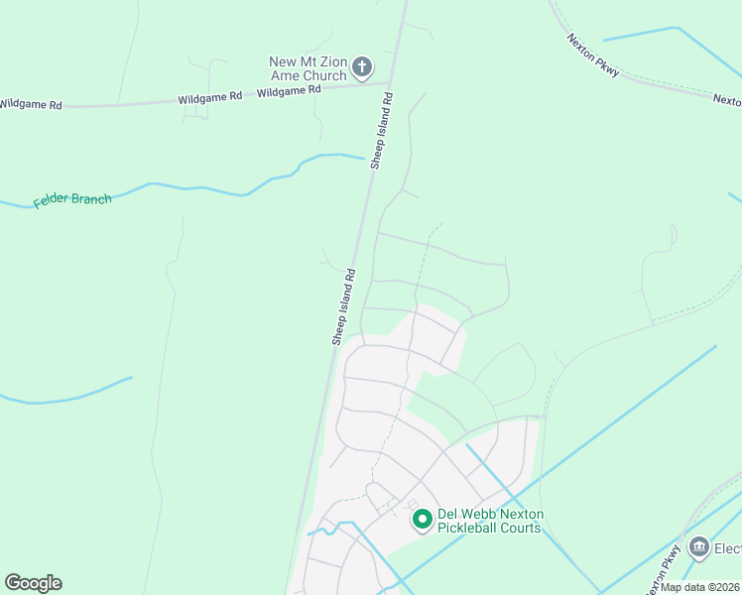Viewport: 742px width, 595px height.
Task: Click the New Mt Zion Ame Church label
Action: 309,68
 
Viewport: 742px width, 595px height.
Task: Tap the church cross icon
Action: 363,68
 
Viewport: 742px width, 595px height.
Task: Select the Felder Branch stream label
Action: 72,199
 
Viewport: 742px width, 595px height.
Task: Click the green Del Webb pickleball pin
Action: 422,519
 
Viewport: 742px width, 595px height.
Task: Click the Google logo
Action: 33,583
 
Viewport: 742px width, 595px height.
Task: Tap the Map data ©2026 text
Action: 700,587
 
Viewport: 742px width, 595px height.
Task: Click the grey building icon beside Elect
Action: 699,547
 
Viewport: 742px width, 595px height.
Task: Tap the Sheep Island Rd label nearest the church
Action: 383,131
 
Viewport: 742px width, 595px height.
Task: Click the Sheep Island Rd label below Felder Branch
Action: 343,306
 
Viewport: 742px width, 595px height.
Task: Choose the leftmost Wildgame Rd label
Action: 30,103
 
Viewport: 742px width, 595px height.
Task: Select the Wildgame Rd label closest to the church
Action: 289,90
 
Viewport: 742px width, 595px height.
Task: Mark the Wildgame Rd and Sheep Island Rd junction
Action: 391,83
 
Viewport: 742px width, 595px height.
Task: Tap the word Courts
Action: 520,528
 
